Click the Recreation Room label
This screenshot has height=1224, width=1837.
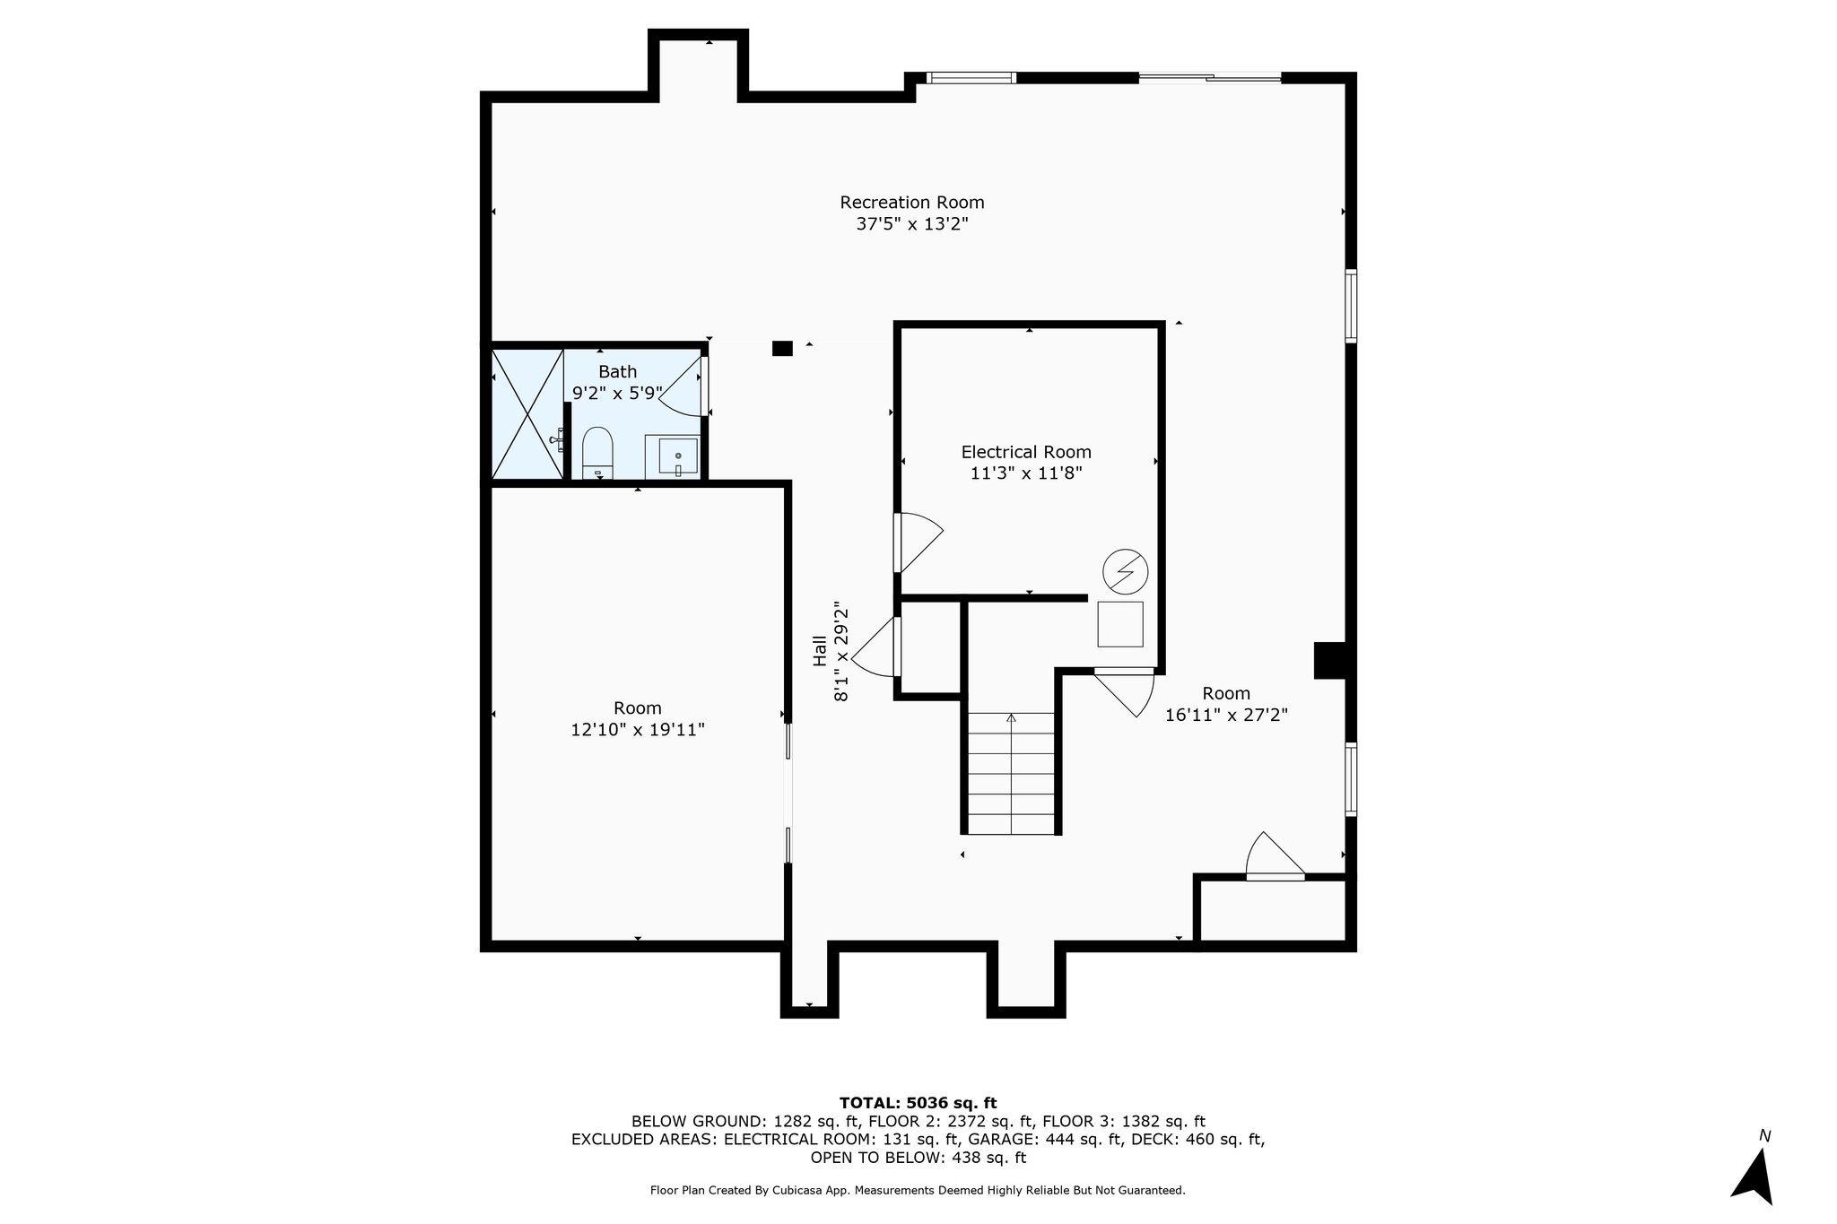point(911,203)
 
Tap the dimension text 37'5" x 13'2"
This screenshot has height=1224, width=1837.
point(911,224)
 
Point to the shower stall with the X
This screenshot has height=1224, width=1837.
point(527,413)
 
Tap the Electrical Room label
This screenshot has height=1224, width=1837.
point(1026,453)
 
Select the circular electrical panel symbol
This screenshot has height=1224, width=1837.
point(1125,570)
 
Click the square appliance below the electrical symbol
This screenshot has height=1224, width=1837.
point(1120,624)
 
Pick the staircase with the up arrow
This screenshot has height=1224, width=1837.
point(1011,772)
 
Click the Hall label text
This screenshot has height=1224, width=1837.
point(819,651)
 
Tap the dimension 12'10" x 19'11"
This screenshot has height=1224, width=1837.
point(638,730)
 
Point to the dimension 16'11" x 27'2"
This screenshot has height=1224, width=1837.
point(1226,715)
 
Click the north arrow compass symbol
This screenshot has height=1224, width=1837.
point(1754,1176)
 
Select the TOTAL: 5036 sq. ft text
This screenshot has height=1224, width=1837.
point(918,1103)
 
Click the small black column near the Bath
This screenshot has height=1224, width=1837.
point(782,348)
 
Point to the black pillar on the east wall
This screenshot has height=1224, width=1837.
point(1330,660)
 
